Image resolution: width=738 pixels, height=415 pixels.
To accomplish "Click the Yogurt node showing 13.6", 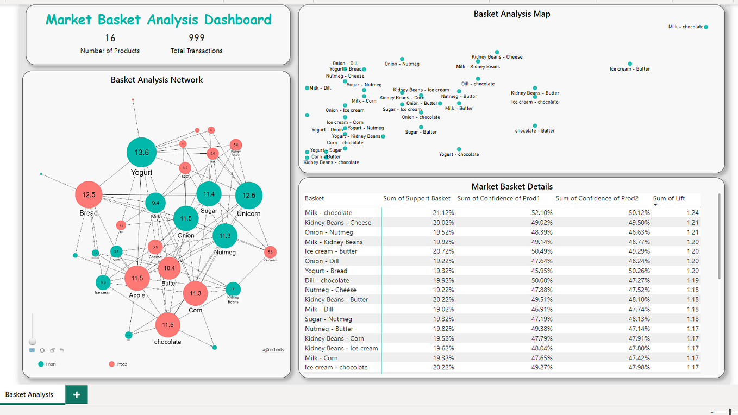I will (141, 153).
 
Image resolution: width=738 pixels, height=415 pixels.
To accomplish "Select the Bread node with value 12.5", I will (89, 195).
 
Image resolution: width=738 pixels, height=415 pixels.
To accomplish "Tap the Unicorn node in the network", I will (249, 196).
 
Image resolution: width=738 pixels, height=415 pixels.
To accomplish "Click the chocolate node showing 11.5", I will (168, 325).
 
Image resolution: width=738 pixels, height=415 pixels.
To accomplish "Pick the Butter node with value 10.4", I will (169, 268).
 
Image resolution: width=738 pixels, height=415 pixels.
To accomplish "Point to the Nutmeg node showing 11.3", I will (225, 236).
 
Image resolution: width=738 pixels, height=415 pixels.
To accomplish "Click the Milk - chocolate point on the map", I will (705, 27).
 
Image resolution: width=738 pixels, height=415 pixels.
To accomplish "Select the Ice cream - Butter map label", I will (629, 69).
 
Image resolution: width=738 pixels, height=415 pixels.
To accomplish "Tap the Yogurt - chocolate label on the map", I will (459, 154).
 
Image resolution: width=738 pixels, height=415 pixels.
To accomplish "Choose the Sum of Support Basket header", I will (417, 198).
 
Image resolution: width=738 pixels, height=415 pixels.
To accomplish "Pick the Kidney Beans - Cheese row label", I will (337, 223).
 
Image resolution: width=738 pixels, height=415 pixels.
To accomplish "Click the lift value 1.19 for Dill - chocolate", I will (692, 281).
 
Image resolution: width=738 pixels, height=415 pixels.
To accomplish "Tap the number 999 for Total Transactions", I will (196, 38).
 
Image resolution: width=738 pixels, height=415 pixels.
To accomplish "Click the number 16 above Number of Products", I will (110, 38).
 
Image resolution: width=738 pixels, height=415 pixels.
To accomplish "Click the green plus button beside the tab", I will (76, 395).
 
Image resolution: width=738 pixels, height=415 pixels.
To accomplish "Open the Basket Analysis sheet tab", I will (29, 395).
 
